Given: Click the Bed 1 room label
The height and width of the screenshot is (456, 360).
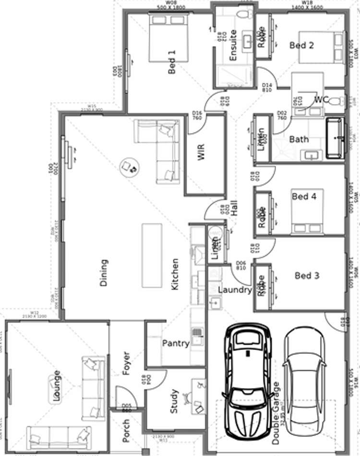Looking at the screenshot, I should pos(172,62).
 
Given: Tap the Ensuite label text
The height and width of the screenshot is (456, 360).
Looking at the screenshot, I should pos(233,46).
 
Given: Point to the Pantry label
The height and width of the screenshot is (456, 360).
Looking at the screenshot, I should pos(176,343).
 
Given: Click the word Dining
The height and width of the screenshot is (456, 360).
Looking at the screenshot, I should pos(104,273).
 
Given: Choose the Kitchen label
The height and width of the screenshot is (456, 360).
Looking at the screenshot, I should pos(175,274).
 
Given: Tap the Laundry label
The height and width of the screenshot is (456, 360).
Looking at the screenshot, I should pos(235,290).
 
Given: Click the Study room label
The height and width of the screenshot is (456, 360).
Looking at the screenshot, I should pos(174,401).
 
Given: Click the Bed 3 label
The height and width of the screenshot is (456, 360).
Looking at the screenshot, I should pos(307,276).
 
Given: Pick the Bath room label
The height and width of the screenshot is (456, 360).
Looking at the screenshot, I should pos(299,140).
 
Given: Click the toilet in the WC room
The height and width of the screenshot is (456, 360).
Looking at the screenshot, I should pos(338,101).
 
